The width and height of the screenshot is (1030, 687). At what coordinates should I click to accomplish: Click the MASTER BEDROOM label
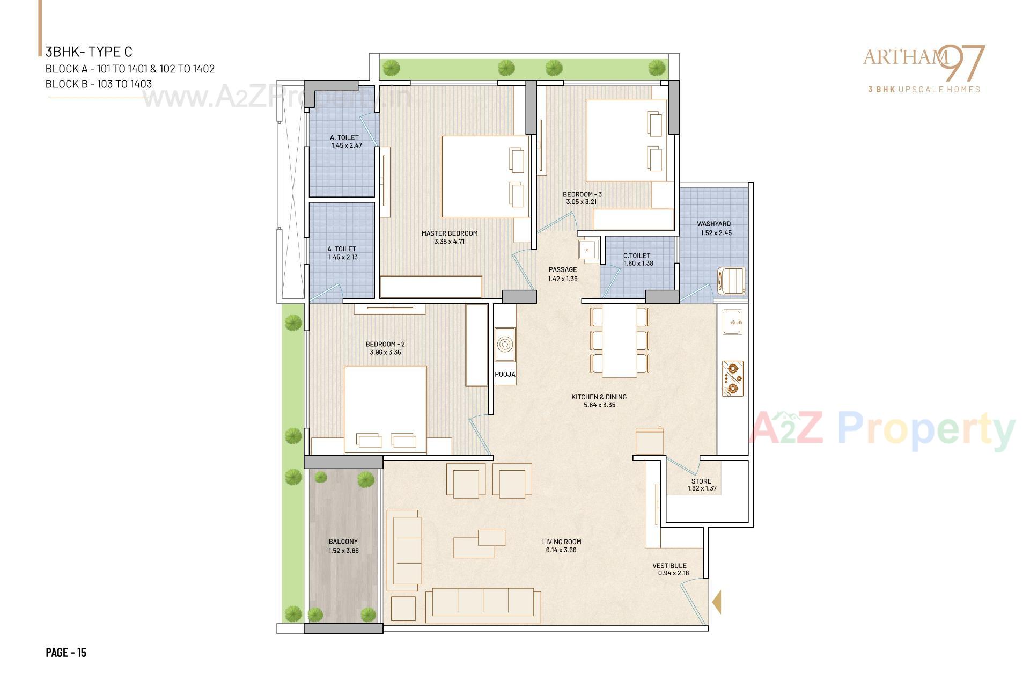(449, 233)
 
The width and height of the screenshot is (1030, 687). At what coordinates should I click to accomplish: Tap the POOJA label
(505, 375)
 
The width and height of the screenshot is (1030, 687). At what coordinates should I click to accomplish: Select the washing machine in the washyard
(732, 281)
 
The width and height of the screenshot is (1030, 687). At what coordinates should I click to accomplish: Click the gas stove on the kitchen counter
(733, 378)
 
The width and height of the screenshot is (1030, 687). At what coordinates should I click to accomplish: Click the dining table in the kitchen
(619, 341)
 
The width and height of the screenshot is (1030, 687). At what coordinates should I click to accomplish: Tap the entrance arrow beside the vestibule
(716, 602)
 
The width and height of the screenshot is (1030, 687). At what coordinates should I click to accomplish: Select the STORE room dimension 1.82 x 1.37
(702, 488)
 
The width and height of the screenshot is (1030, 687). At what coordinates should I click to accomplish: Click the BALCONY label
(343, 542)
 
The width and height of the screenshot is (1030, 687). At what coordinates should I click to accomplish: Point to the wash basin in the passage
(588, 249)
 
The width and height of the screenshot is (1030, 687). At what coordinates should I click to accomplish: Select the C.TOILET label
(637, 256)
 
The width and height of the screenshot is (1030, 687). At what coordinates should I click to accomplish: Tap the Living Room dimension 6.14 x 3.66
(561, 550)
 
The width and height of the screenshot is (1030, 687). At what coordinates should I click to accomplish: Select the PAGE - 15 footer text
(66, 653)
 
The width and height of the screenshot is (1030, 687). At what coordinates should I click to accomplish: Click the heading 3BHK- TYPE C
(89, 52)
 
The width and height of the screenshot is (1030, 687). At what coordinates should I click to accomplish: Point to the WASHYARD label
(713, 224)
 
